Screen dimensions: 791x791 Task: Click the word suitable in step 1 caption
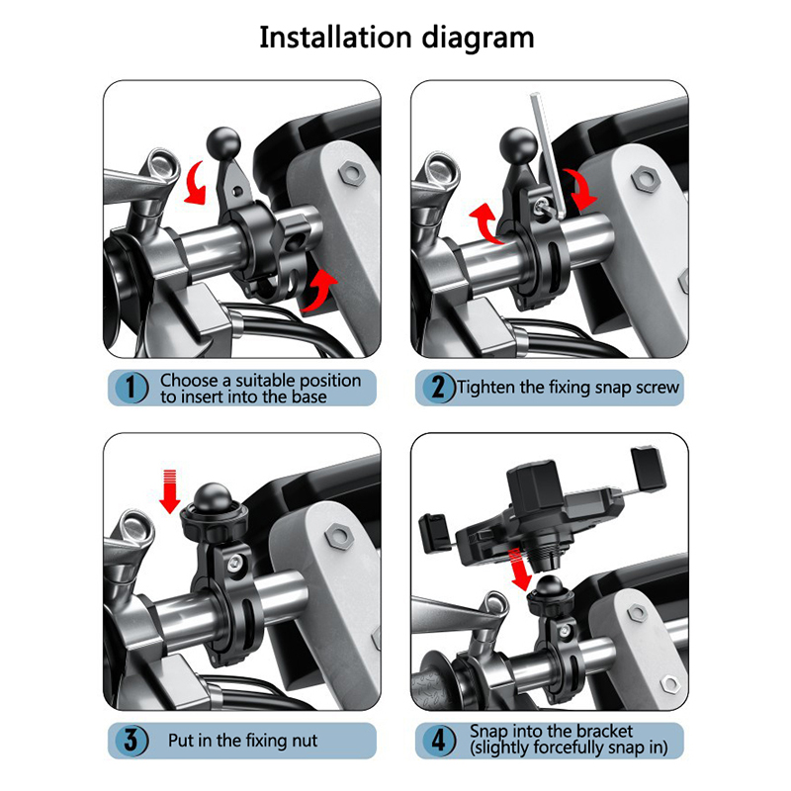point(257,380)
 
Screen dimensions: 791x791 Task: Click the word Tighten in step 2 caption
point(485,388)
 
